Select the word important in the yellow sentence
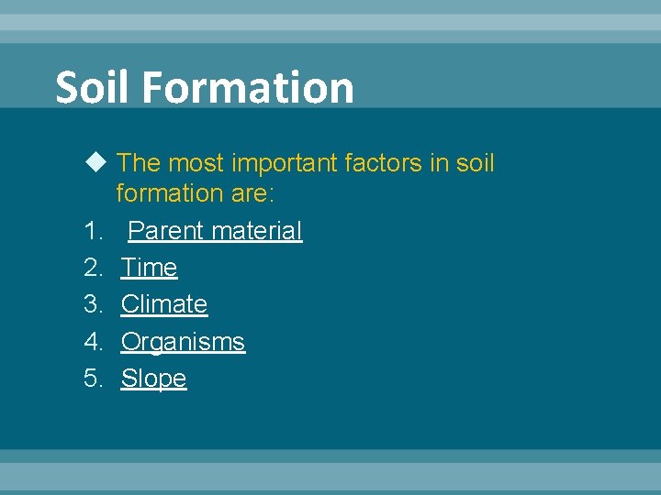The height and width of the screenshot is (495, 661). (279, 164)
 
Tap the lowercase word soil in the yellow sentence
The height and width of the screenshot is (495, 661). (474, 164)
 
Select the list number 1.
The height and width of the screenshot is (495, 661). (91, 231)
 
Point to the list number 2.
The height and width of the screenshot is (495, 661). (93, 268)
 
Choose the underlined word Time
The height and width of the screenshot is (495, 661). (149, 268)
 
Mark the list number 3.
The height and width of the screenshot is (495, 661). (93, 304)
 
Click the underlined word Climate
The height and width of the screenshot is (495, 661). (164, 304)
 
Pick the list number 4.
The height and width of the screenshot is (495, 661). (93, 342)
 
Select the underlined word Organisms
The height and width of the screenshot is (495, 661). (183, 342)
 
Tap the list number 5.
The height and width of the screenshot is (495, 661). (93, 379)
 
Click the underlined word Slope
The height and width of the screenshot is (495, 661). (153, 379)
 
